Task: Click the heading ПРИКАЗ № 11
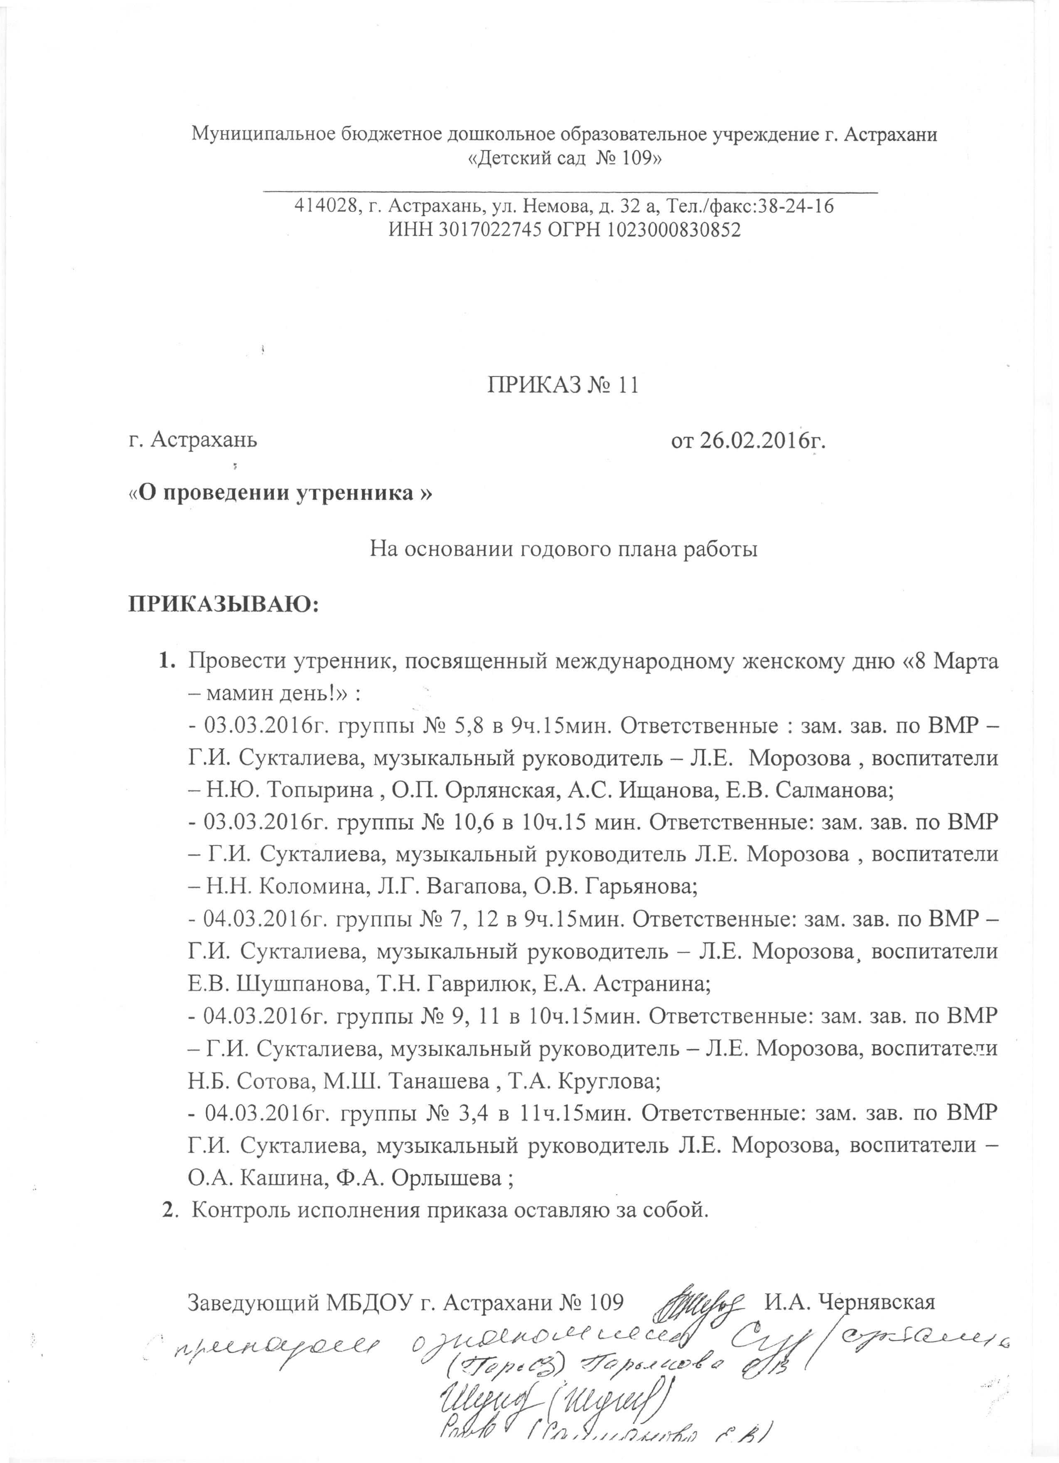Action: click(562, 385)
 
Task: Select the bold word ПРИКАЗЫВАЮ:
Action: click(226, 605)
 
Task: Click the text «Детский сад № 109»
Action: click(564, 159)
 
